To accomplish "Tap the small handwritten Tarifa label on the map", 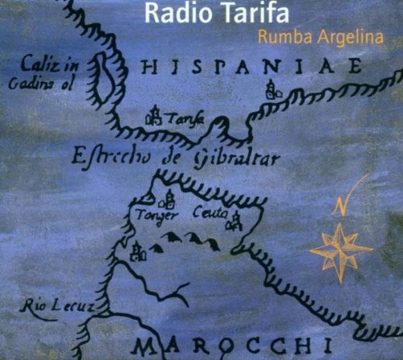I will (184, 119).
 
